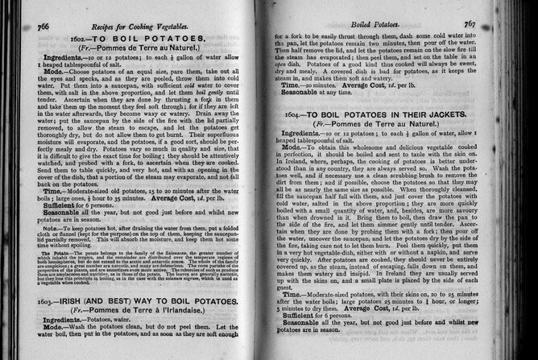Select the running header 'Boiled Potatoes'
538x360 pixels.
(399, 25)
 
